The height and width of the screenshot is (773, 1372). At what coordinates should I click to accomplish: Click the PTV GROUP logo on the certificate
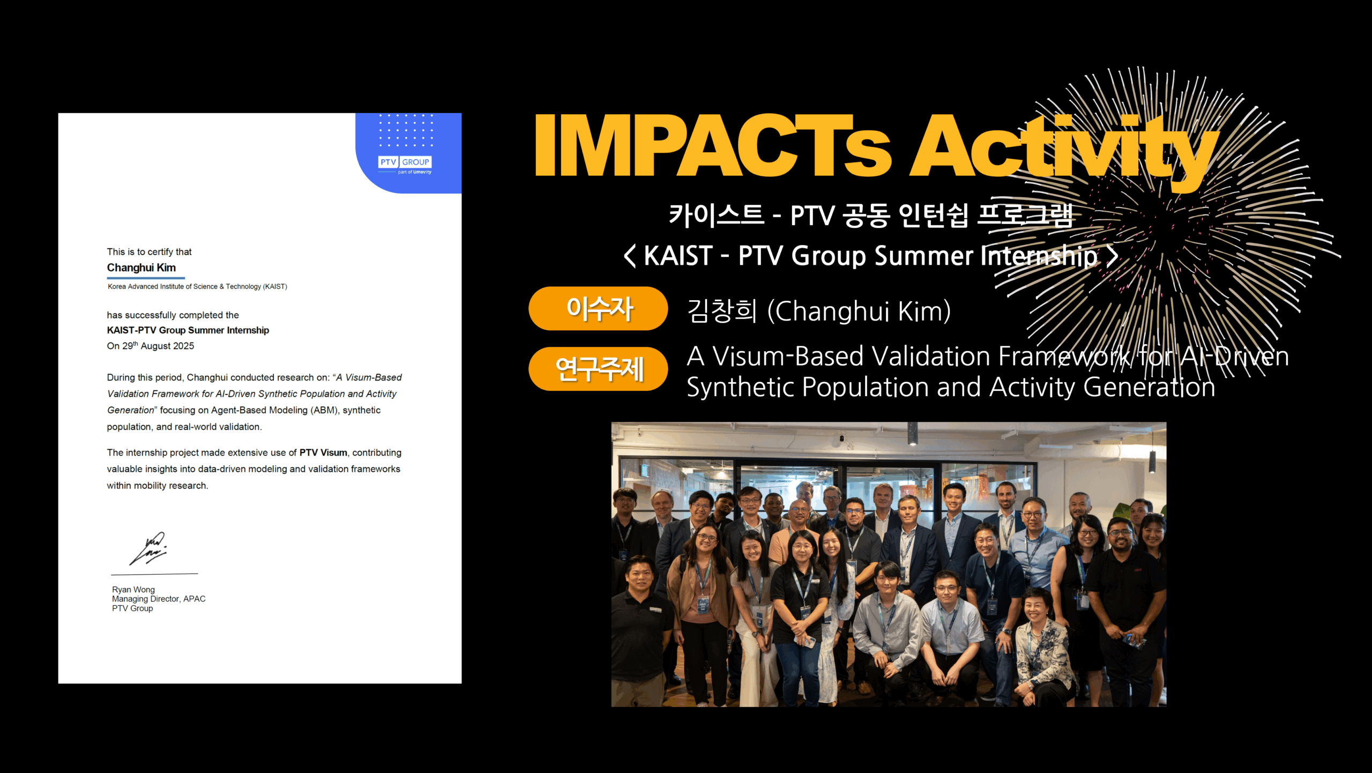[405, 165]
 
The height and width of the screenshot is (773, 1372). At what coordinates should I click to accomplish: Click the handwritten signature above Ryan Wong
[148, 548]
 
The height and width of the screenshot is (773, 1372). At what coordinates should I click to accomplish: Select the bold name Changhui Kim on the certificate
[141, 267]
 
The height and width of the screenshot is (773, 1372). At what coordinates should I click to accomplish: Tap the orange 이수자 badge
[598, 308]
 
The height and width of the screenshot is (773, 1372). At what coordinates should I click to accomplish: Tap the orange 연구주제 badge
[598, 369]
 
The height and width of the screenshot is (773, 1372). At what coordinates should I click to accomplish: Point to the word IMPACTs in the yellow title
[713, 146]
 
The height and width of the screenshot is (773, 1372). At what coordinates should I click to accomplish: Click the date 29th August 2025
[158, 346]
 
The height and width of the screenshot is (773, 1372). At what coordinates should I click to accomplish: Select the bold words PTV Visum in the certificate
[323, 452]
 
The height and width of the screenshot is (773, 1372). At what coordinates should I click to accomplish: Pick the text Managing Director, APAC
[159, 599]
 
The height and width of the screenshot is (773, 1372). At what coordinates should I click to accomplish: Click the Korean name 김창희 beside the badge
[722, 311]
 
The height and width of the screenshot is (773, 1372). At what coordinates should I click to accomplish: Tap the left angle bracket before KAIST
[630, 256]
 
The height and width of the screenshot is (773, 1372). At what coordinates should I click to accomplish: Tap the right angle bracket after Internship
[1113, 256]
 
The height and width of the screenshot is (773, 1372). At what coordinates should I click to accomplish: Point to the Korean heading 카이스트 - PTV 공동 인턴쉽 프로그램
[871, 215]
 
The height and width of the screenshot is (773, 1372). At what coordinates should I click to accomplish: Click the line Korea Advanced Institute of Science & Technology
[197, 287]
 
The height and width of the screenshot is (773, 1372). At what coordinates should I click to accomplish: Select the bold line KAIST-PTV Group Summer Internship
[188, 330]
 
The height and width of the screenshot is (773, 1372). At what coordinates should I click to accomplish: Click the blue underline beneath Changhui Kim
[146, 278]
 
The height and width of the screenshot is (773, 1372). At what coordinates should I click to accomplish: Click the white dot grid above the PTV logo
[406, 130]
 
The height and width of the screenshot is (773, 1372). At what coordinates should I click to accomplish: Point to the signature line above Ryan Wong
[154, 574]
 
